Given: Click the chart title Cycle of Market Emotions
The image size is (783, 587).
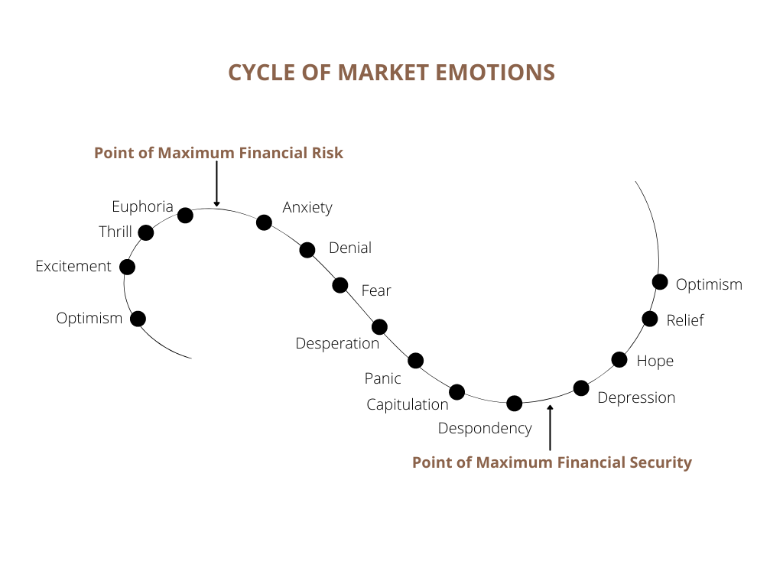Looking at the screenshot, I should (x=391, y=73).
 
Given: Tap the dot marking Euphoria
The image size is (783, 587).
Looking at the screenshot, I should (x=185, y=215).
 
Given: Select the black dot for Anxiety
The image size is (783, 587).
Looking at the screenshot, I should (x=264, y=222).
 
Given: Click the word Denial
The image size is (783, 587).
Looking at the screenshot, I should (x=349, y=248).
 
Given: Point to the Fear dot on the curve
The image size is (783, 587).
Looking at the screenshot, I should (x=340, y=285).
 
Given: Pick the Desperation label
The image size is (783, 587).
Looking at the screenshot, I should (x=337, y=343).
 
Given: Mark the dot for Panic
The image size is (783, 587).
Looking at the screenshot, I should (x=416, y=360).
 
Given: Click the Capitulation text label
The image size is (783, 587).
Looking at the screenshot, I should (x=407, y=404).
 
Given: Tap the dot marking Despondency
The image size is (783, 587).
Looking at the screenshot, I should (x=515, y=403).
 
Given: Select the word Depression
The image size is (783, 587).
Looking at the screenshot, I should (x=636, y=397).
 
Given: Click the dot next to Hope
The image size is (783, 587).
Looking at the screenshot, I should (x=619, y=359).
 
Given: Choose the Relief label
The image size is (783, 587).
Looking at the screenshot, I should (x=685, y=320).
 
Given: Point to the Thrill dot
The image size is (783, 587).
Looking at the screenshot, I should (x=146, y=232).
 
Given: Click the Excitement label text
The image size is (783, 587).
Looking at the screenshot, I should (x=73, y=267).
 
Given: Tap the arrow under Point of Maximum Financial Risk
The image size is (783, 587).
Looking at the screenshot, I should (x=216, y=184).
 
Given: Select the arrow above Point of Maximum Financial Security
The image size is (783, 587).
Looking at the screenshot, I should (x=550, y=427).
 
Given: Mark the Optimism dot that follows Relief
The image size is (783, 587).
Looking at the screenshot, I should (x=660, y=282).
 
